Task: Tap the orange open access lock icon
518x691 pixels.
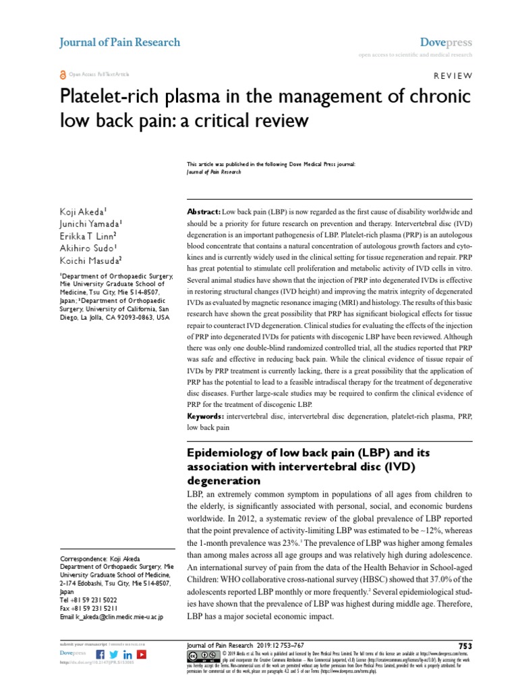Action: point(63,74)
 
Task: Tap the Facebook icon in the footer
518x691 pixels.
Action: point(101,655)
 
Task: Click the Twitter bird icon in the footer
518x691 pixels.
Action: point(114,655)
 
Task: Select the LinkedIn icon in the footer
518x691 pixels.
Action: point(127,655)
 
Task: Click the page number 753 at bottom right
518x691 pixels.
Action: point(465,646)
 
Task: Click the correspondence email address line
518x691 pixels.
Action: point(111,617)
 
